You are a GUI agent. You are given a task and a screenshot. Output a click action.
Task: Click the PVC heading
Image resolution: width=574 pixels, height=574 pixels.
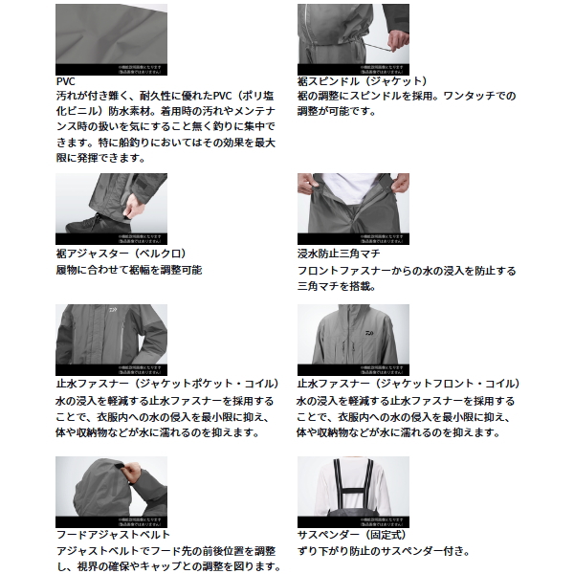point(66,81)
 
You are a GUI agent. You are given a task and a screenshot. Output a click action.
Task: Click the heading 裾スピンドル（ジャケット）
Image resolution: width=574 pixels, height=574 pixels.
point(363,81)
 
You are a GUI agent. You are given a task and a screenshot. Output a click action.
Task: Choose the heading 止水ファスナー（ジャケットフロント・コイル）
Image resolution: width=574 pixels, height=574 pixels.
point(406,385)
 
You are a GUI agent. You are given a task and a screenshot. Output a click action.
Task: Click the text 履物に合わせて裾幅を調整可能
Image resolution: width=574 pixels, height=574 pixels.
point(129,271)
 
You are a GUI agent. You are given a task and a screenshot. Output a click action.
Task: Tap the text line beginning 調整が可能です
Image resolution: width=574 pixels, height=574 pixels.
point(336,112)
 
